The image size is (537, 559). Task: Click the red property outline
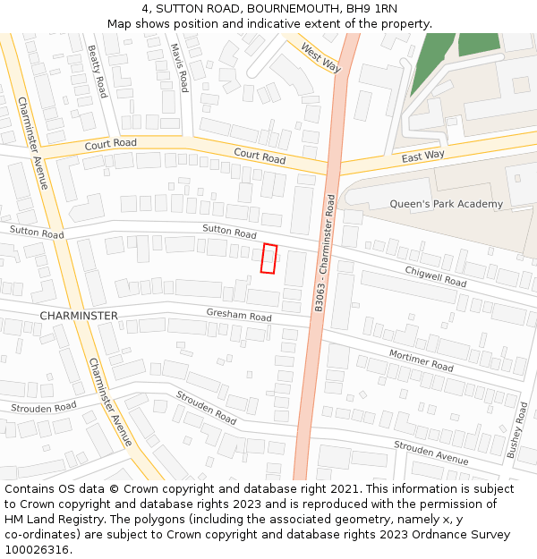tap(268, 258)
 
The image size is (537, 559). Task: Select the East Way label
tap(422, 156)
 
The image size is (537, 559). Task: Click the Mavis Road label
tap(179, 68)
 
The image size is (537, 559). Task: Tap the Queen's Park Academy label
tap(446, 204)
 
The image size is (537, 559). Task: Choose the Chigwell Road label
tap(436, 275)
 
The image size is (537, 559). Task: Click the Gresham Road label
tap(239, 316)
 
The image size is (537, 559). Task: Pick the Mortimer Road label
tap(421, 360)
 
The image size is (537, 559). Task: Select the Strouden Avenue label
tap(431, 453)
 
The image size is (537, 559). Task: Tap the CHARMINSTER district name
tap(79, 316)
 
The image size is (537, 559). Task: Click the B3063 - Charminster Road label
tap(325, 253)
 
